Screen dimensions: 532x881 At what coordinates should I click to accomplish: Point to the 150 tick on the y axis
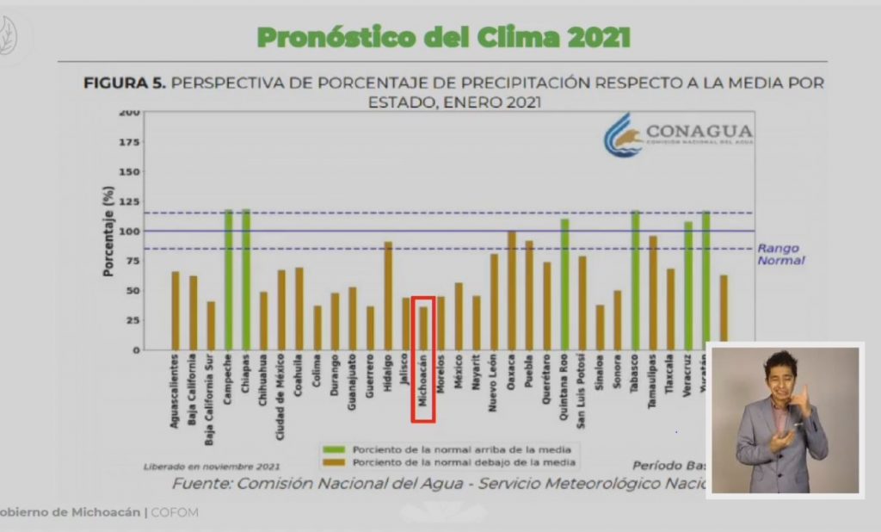click(128, 171)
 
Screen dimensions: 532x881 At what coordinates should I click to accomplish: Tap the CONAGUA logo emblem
click(623, 136)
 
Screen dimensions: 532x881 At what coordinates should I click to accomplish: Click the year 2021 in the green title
click(594, 37)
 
